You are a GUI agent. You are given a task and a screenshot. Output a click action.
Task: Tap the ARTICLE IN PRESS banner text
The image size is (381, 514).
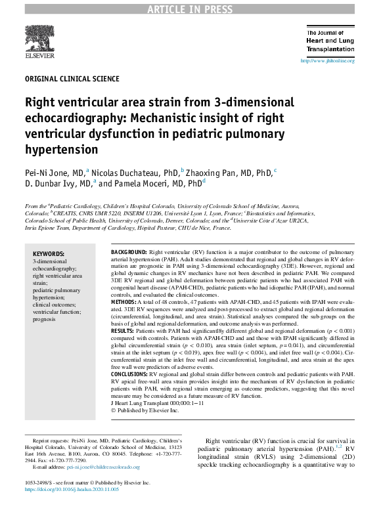(190, 9)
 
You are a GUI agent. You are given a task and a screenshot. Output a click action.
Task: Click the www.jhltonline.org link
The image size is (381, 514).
(327, 61)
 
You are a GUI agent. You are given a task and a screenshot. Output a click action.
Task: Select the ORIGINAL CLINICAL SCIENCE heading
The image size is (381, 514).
(72, 79)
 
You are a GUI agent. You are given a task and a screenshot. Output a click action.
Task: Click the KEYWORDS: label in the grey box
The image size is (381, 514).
(49, 253)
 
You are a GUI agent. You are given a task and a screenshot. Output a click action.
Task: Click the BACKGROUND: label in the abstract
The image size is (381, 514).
(129, 252)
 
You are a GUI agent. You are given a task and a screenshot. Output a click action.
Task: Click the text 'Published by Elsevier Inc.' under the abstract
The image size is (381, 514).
(147, 410)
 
